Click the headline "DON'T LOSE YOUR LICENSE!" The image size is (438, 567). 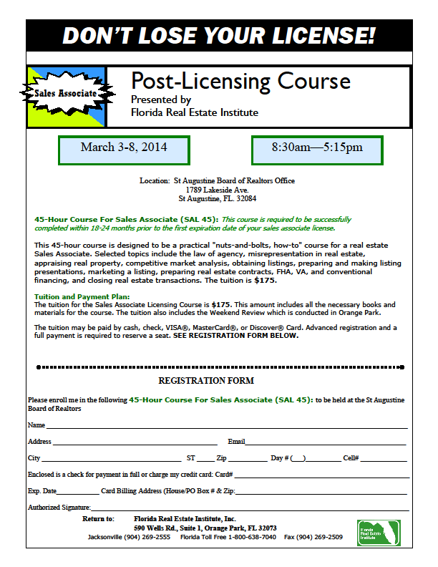click(219, 35)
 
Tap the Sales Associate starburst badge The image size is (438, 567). click(66, 94)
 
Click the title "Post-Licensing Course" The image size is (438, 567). click(240, 80)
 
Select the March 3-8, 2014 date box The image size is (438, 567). click(124, 148)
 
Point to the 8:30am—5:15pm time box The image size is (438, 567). click(317, 148)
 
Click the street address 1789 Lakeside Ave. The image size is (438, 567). click(217, 190)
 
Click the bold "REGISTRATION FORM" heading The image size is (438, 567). click(206, 381)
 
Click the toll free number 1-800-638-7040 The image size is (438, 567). click(248, 537)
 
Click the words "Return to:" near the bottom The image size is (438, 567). click(98, 518)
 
